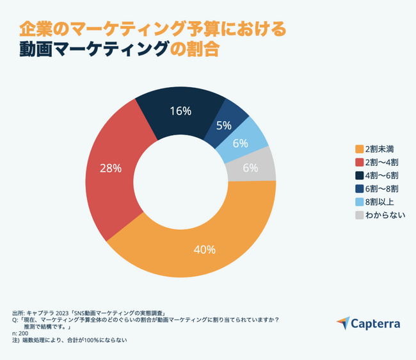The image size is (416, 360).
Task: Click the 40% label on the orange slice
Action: pyautogui.click(x=205, y=249)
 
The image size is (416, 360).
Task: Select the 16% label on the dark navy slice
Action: pyautogui.click(x=181, y=111)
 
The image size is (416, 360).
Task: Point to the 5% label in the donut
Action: pyautogui.click(x=224, y=126)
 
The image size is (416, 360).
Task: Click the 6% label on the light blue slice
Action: pyautogui.click(x=241, y=143)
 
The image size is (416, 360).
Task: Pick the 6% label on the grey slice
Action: pyautogui.click(x=250, y=168)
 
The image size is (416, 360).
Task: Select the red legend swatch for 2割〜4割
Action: pyautogui.click(x=358, y=162)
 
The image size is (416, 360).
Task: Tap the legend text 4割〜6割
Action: pyautogui.click(x=381, y=176)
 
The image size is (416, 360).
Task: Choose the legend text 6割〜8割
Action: pyautogui.click(x=381, y=188)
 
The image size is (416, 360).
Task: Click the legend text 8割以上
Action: pyautogui.click(x=378, y=202)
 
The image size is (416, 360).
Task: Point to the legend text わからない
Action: pyautogui.click(x=384, y=215)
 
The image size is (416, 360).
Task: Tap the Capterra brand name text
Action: pyautogui.click(x=377, y=324)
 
